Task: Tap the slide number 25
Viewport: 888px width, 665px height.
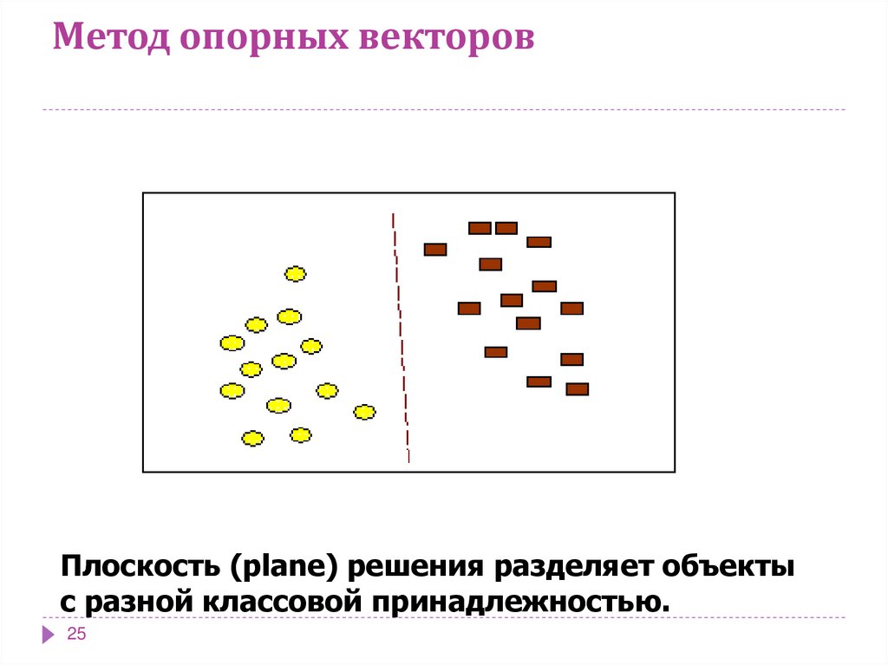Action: click(77, 636)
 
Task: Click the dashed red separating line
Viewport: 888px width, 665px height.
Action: click(402, 338)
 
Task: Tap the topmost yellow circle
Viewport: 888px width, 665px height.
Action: click(296, 274)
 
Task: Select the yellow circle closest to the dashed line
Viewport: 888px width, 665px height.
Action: click(365, 412)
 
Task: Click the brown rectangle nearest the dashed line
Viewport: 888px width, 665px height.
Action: click(435, 250)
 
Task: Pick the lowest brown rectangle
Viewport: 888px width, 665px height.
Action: click(578, 389)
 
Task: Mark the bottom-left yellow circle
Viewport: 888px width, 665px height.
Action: click(252, 439)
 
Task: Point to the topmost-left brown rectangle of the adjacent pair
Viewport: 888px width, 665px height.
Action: click(480, 228)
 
